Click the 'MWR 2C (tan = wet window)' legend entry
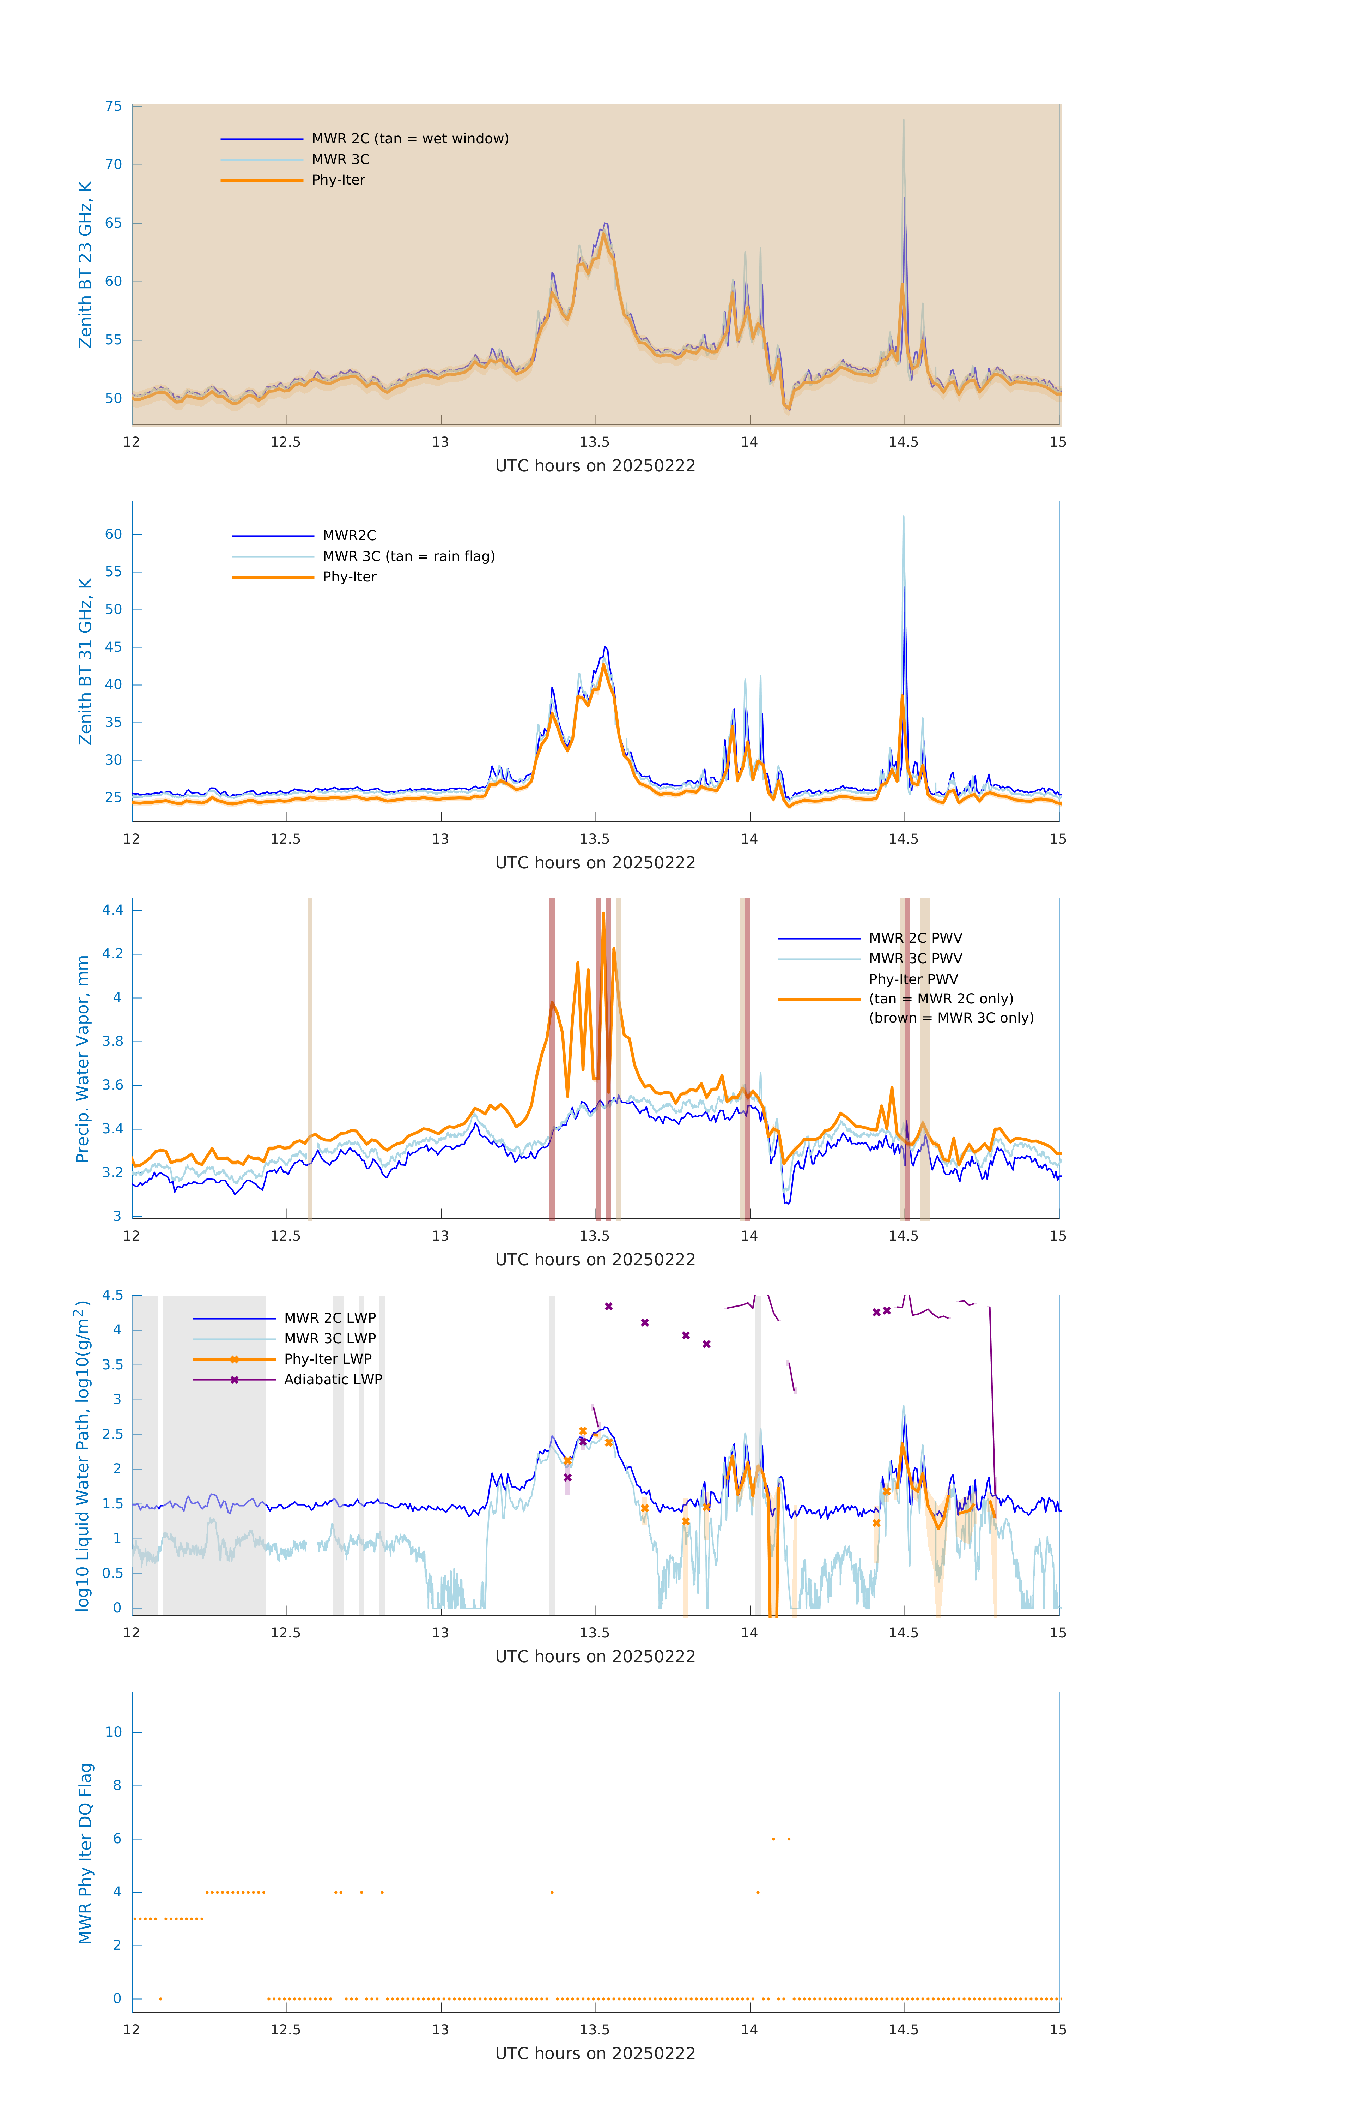(x=409, y=139)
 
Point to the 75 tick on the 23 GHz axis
(x=113, y=106)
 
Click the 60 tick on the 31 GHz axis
(x=113, y=535)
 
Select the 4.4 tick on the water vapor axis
(x=113, y=910)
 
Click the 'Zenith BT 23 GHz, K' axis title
(x=85, y=265)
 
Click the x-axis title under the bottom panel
(x=595, y=2054)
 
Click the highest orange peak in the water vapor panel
(x=603, y=913)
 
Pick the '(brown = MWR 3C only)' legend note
(x=951, y=1018)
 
